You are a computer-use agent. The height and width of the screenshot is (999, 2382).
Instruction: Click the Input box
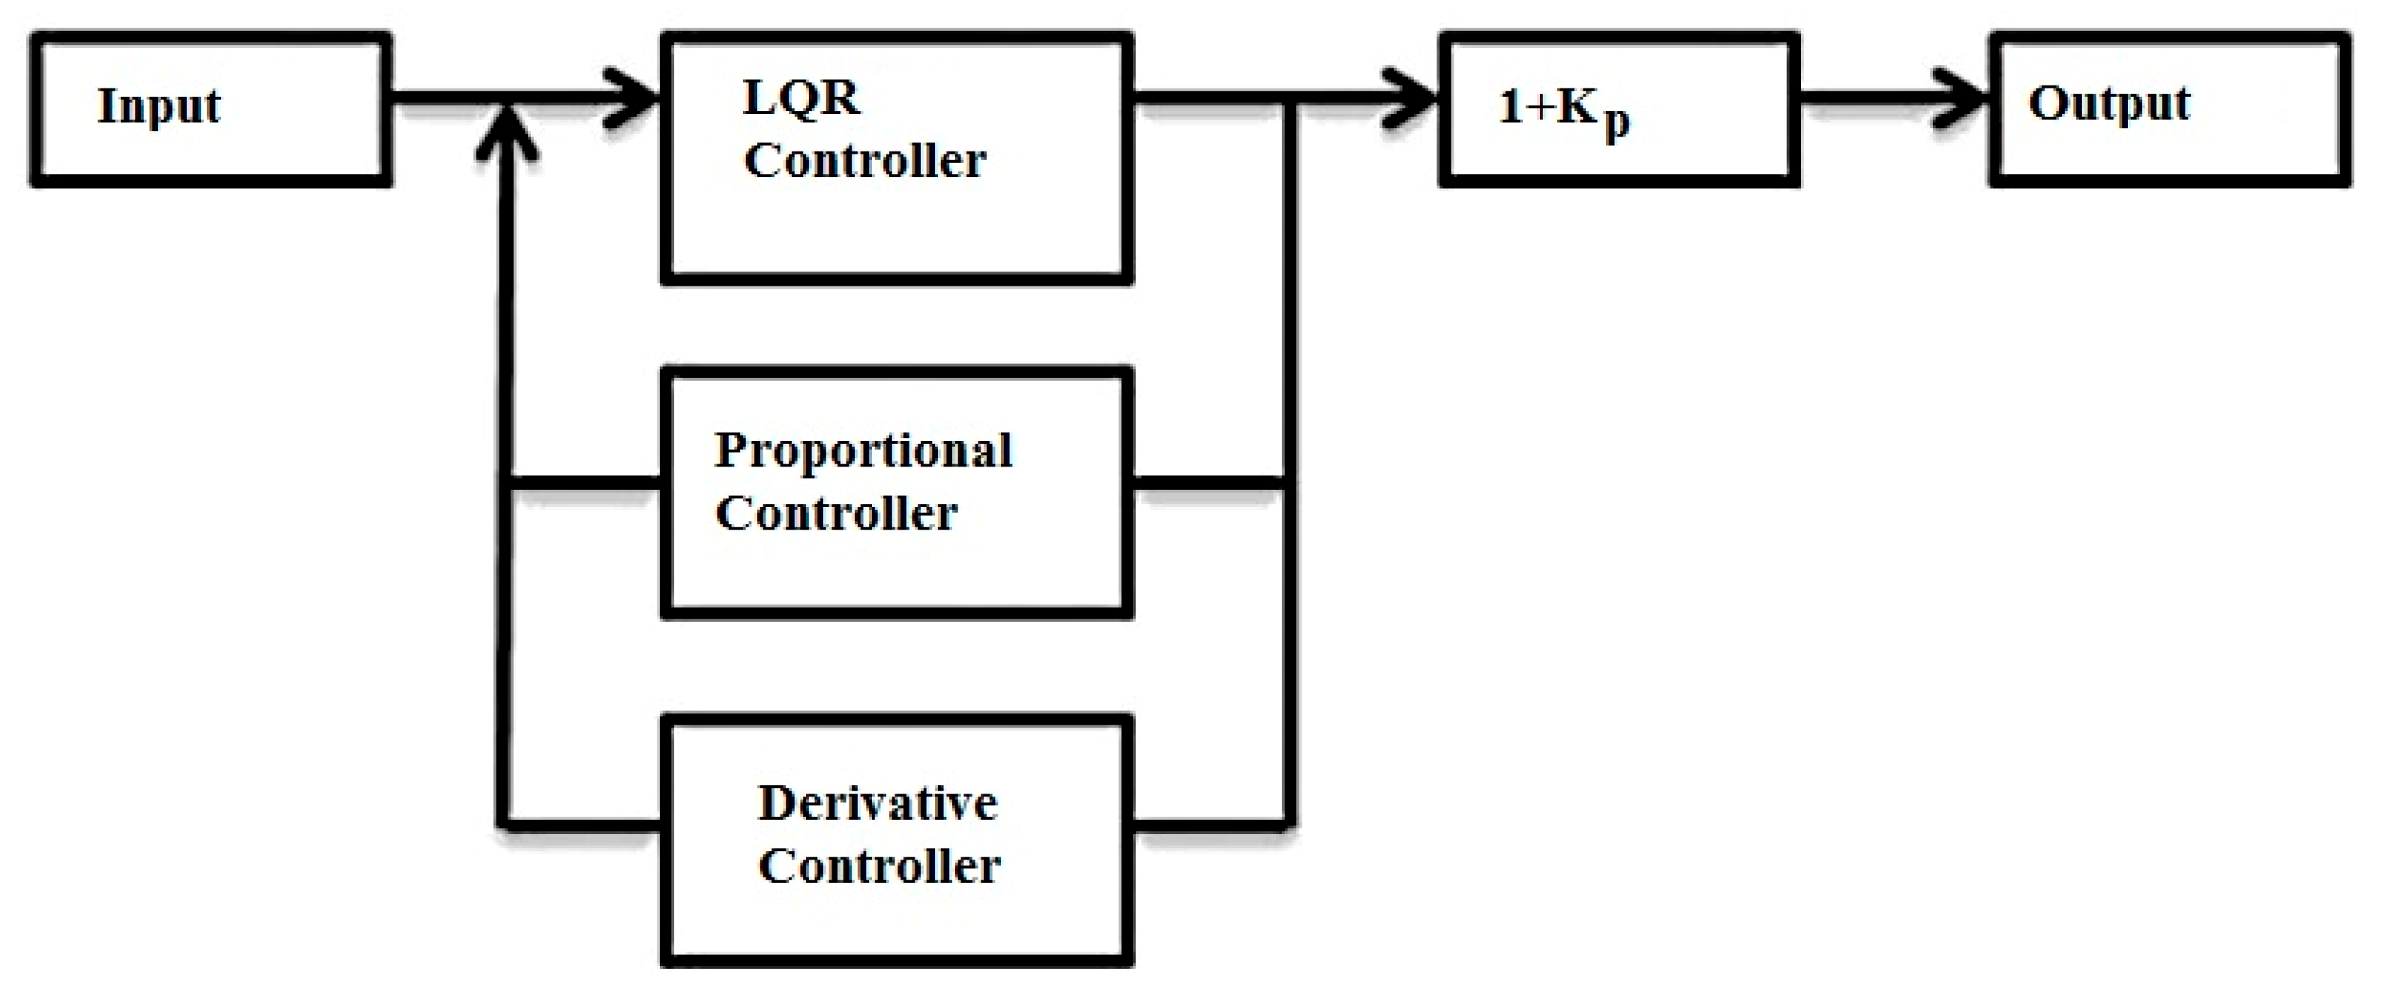tap(211, 109)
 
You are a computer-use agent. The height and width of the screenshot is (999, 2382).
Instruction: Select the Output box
tap(2169, 109)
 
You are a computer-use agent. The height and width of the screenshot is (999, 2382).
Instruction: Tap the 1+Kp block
tap(1618, 109)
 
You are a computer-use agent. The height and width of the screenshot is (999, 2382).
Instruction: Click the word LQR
tap(801, 98)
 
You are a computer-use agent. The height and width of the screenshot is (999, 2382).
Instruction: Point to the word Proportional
tap(864, 451)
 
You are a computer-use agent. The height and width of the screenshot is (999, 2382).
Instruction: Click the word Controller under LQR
tap(864, 161)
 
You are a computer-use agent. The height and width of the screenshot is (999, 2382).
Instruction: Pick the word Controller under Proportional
tap(836, 513)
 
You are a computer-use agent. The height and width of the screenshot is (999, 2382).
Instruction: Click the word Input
tap(159, 106)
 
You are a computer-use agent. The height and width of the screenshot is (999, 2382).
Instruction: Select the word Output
tap(2108, 104)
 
